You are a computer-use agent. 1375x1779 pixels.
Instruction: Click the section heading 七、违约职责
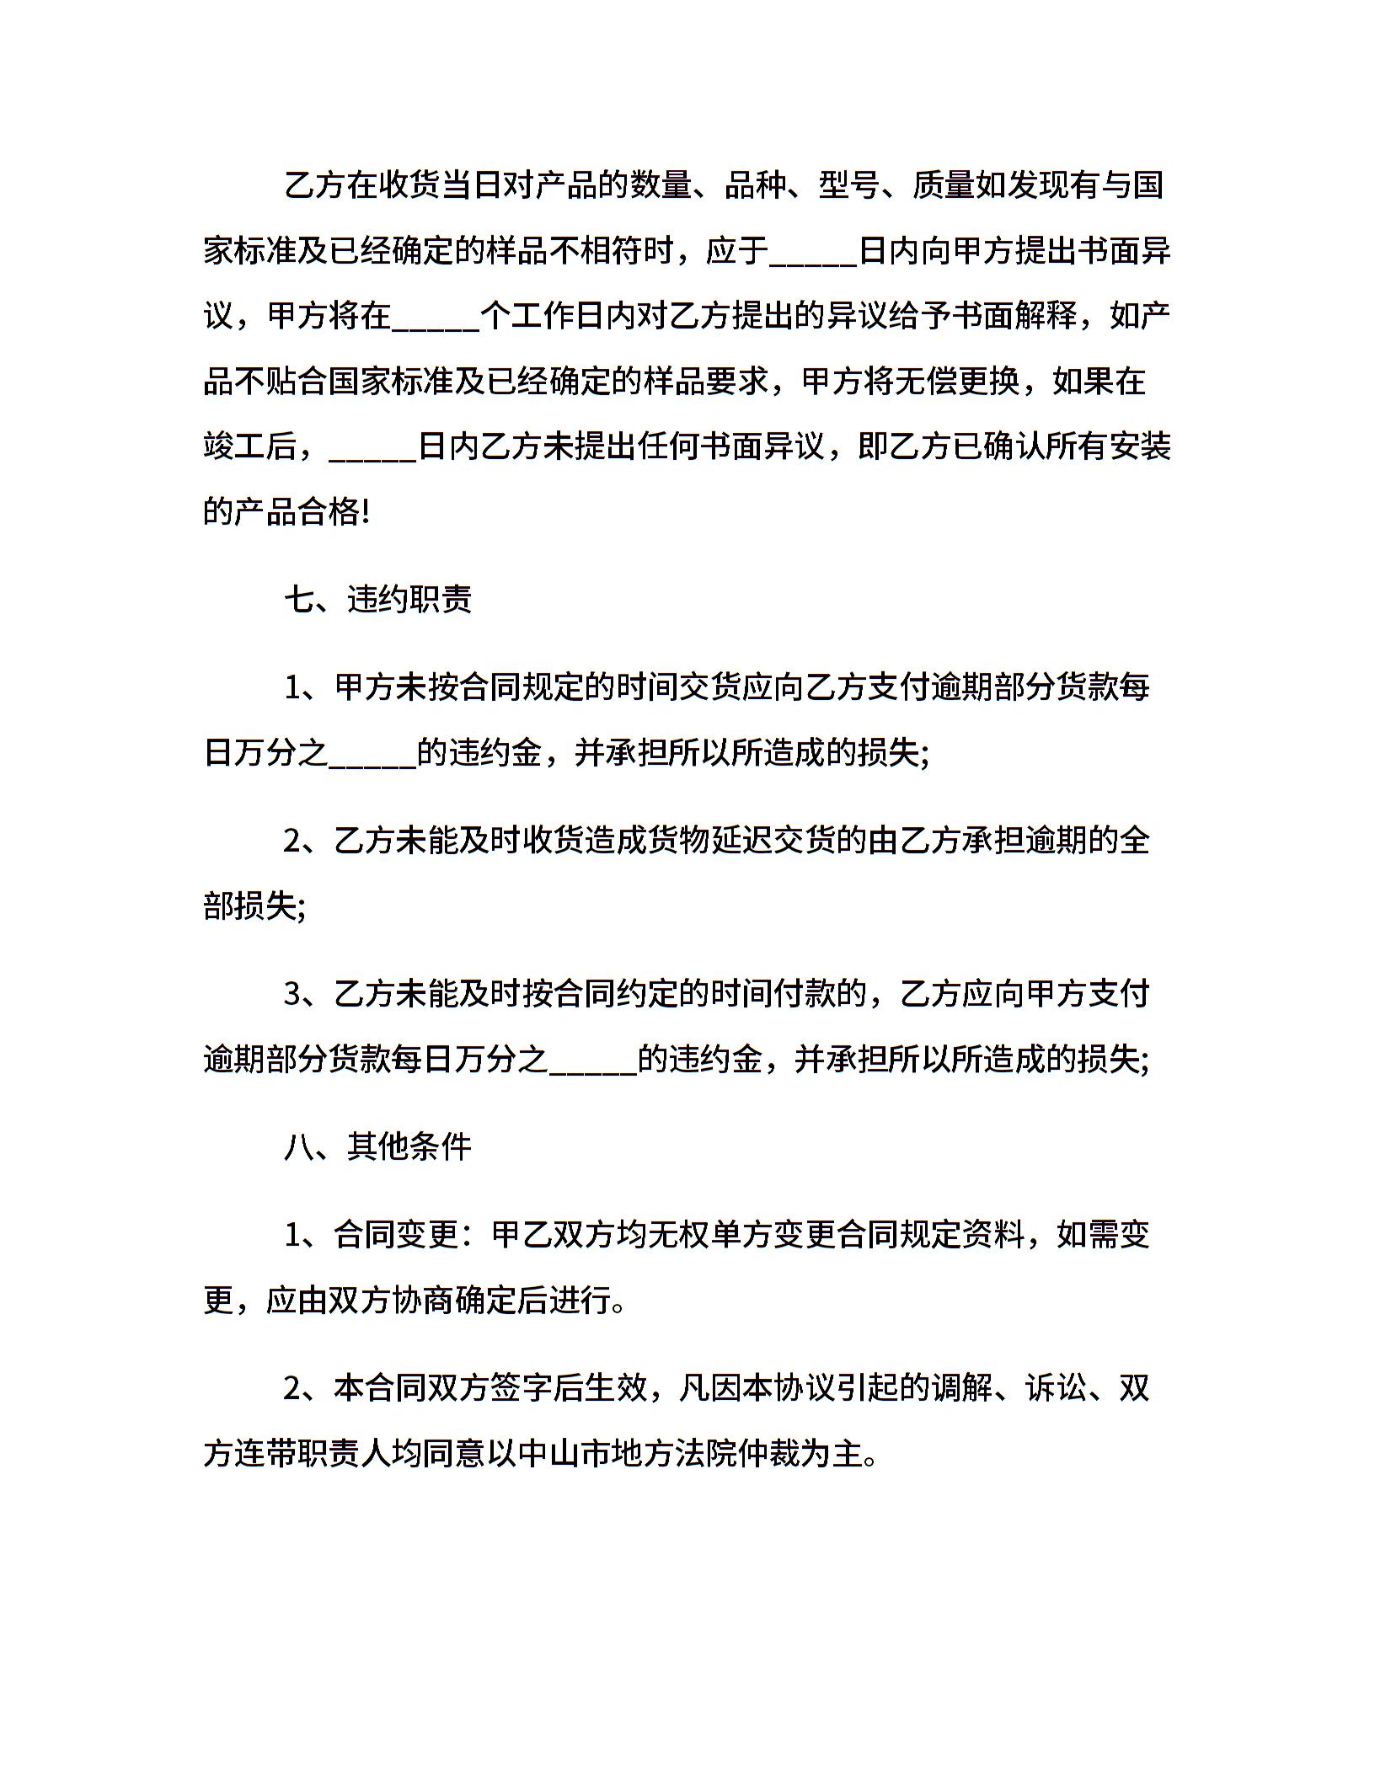(378, 600)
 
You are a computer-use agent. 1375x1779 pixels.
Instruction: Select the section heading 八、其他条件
(378, 1146)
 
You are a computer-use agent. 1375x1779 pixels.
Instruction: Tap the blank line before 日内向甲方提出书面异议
(814, 253)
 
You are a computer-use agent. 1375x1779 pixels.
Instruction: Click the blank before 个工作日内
(436, 318)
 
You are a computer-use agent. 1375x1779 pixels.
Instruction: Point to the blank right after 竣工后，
(373, 447)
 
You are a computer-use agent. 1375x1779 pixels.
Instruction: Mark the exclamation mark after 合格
(365, 512)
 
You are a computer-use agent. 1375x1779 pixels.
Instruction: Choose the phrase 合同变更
(397, 1235)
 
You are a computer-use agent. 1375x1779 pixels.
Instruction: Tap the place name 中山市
(564, 1453)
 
